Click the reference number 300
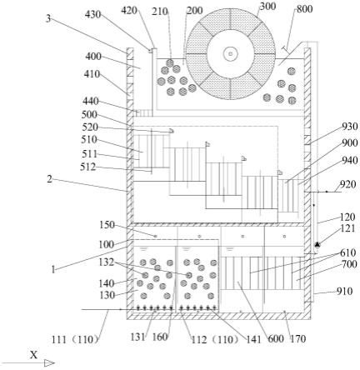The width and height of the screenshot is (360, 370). tap(267, 7)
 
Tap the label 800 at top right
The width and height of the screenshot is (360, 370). tap(304, 9)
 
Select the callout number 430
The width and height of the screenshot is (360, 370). tap(92, 14)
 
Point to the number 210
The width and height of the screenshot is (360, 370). tap(160, 12)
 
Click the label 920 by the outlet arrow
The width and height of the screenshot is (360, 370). tap(347, 184)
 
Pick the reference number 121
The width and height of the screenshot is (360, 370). tap(347, 228)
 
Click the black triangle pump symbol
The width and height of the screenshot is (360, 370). tap(317, 244)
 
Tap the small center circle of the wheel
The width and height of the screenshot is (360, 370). tap(230, 53)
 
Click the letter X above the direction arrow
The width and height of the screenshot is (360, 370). tap(34, 355)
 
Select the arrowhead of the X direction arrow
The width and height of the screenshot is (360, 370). tap(49, 362)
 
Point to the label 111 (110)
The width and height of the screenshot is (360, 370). tap(75, 339)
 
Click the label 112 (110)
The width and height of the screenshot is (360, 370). tap(215, 339)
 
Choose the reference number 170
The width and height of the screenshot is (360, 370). tap(297, 338)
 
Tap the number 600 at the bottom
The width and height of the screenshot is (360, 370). tap(276, 338)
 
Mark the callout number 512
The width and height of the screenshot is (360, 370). tap(88, 167)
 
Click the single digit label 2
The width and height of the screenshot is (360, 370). tap(49, 179)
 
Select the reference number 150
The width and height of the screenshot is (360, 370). tap(107, 225)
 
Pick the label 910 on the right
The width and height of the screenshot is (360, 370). tap(345, 291)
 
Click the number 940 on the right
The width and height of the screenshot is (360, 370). tap(350, 160)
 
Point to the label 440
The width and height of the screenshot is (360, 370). tap(91, 101)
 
